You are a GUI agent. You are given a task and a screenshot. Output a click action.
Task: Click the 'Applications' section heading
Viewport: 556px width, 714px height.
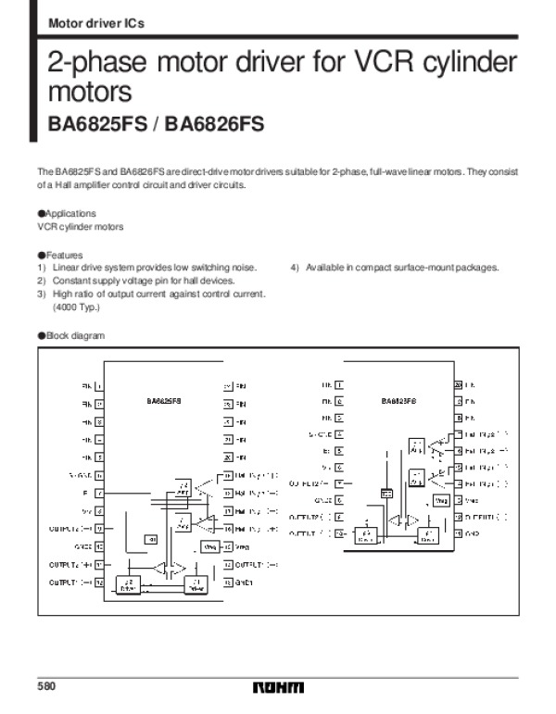[x=69, y=214]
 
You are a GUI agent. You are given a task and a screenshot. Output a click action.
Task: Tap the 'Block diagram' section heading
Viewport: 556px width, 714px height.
[x=73, y=335]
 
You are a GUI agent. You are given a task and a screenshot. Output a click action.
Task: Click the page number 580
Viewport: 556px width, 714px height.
[x=46, y=687]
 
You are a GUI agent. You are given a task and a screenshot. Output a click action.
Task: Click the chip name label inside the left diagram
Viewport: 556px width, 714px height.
[x=165, y=402]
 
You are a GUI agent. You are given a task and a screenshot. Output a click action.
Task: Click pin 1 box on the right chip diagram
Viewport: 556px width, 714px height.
[x=339, y=383]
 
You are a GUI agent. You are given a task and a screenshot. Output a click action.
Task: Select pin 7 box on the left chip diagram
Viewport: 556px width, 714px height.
[x=99, y=493]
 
